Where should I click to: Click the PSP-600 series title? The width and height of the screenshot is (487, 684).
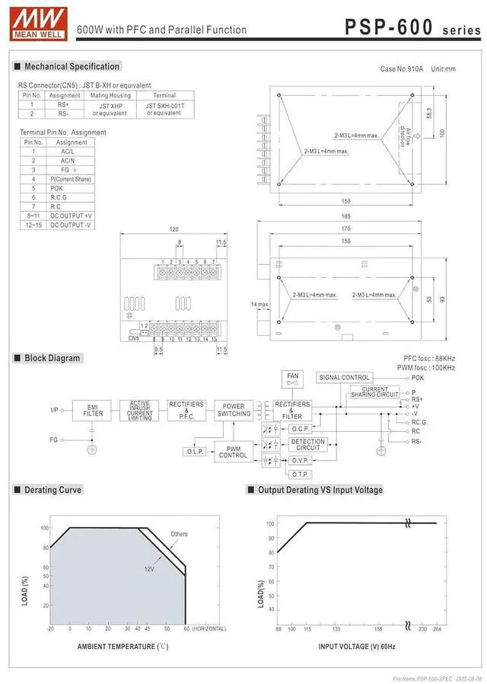(412, 28)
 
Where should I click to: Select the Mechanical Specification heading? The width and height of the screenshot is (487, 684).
(72, 66)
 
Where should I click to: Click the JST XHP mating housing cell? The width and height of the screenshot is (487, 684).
(109, 109)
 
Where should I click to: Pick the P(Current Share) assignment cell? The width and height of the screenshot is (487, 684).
(71, 179)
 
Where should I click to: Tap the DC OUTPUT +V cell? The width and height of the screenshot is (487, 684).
(71, 216)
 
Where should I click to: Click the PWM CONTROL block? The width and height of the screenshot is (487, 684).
(234, 451)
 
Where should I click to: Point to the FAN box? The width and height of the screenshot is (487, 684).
(293, 379)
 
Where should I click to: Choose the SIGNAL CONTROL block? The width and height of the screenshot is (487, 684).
(345, 378)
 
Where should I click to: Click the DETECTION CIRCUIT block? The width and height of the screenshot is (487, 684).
(308, 444)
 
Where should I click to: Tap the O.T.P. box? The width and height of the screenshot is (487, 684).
(299, 474)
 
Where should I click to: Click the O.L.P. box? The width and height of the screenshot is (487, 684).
(193, 452)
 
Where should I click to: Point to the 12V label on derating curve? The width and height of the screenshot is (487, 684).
(149, 569)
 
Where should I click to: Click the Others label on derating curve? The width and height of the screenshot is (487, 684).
(179, 534)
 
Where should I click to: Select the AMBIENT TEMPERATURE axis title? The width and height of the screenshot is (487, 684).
(123, 646)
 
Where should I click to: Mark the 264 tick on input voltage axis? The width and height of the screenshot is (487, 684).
(437, 629)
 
